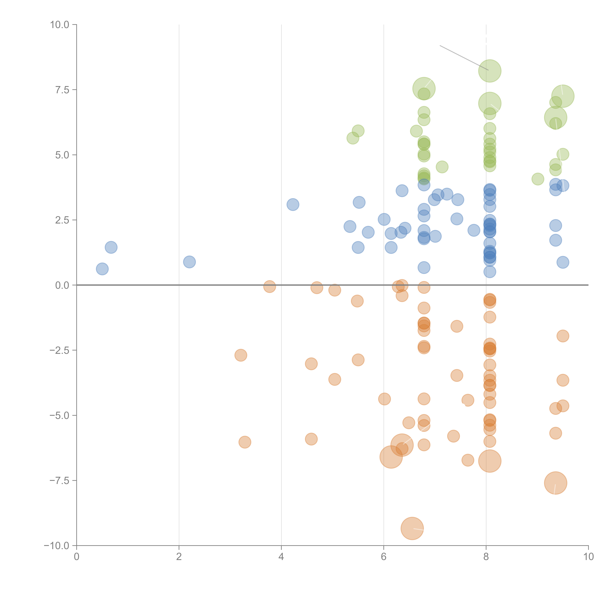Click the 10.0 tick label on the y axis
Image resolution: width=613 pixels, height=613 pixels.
click(60, 25)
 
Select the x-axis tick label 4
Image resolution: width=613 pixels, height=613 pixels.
click(281, 557)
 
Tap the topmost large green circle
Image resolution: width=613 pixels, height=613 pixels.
click(490, 71)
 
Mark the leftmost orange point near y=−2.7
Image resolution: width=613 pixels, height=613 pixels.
click(241, 355)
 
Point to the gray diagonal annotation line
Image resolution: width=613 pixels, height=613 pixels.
click(464, 58)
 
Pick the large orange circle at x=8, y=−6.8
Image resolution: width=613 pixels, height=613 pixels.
click(490, 461)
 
